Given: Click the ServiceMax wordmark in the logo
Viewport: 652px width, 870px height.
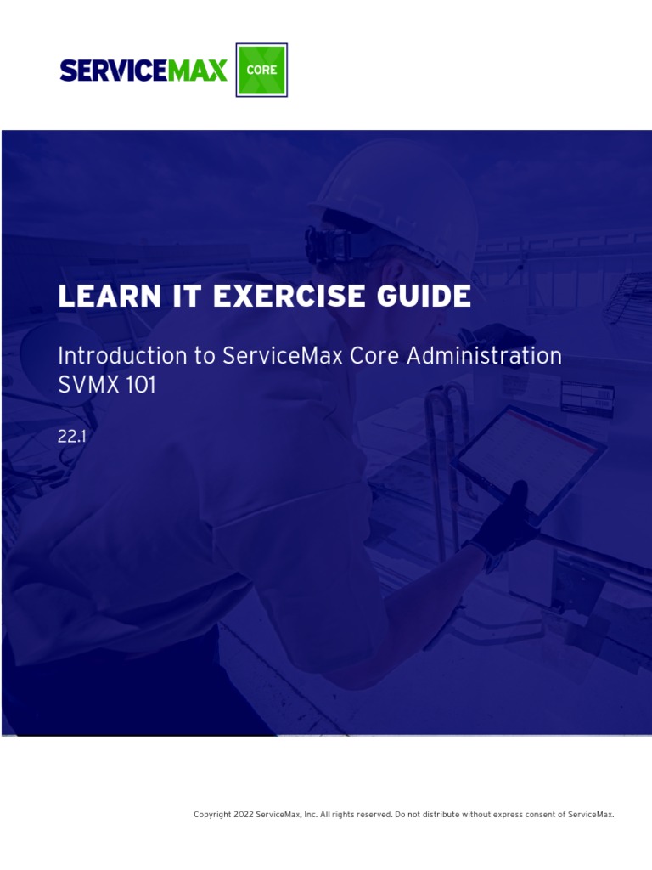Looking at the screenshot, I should tap(143, 71).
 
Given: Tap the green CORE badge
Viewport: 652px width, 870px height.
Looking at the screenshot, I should tap(261, 70).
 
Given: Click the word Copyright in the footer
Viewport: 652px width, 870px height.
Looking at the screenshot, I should tap(212, 815).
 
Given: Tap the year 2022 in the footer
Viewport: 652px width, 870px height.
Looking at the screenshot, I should tap(244, 815).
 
